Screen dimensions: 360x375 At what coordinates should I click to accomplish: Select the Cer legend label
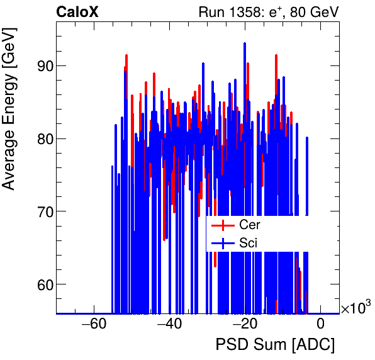[x=250, y=225]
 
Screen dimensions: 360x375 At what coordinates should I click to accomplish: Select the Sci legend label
[x=249, y=242]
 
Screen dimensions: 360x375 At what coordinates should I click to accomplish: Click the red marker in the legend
[x=222, y=225]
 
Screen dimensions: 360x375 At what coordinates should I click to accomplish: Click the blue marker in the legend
[x=222, y=242]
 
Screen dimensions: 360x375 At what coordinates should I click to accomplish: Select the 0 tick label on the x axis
[x=320, y=324]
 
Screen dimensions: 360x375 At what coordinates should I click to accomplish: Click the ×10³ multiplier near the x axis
[x=355, y=308]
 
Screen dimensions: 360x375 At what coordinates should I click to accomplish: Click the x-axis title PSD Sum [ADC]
[x=275, y=345]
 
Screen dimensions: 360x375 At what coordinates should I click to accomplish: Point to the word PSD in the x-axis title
[x=230, y=345]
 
